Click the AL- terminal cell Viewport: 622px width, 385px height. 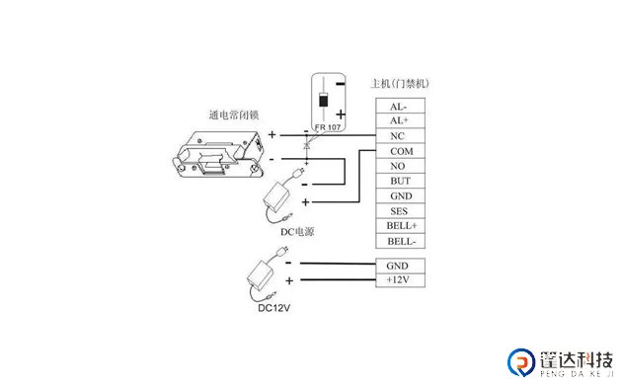(x=399, y=106)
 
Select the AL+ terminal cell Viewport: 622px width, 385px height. (x=399, y=120)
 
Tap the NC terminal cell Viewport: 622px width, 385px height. (x=399, y=136)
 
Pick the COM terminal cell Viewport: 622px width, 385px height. (x=399, y=151)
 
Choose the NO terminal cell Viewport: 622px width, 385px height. (x=399, y=166)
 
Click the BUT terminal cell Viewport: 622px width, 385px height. (x=399, y=182)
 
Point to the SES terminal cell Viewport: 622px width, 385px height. (x=399, y=211)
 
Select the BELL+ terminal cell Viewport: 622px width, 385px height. (x=399, y=226)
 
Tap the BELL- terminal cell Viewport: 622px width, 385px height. (x=399, y=241)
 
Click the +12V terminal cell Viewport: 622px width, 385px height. (x=399, y=281)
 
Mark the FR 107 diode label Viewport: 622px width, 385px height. (x=328, y=127)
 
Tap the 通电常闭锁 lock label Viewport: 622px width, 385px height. (x=233, y=115)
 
